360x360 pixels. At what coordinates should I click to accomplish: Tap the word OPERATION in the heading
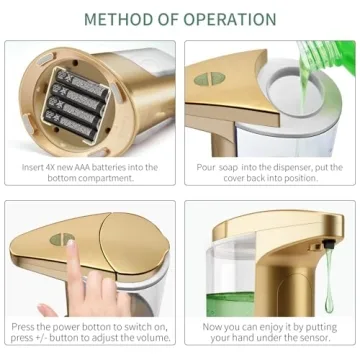click(231, 19)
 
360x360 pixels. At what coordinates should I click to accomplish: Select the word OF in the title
click(171, 19)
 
